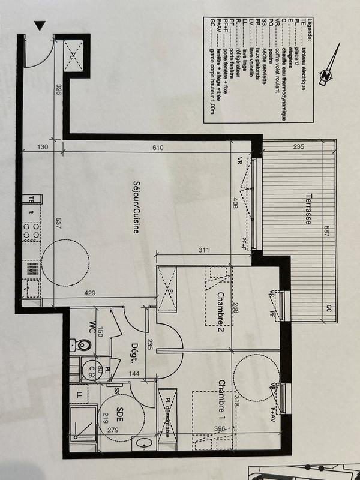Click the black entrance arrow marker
pos(40,26)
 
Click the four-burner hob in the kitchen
pos(30,230)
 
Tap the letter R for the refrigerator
pos(29,211)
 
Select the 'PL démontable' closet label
pos(167,416)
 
